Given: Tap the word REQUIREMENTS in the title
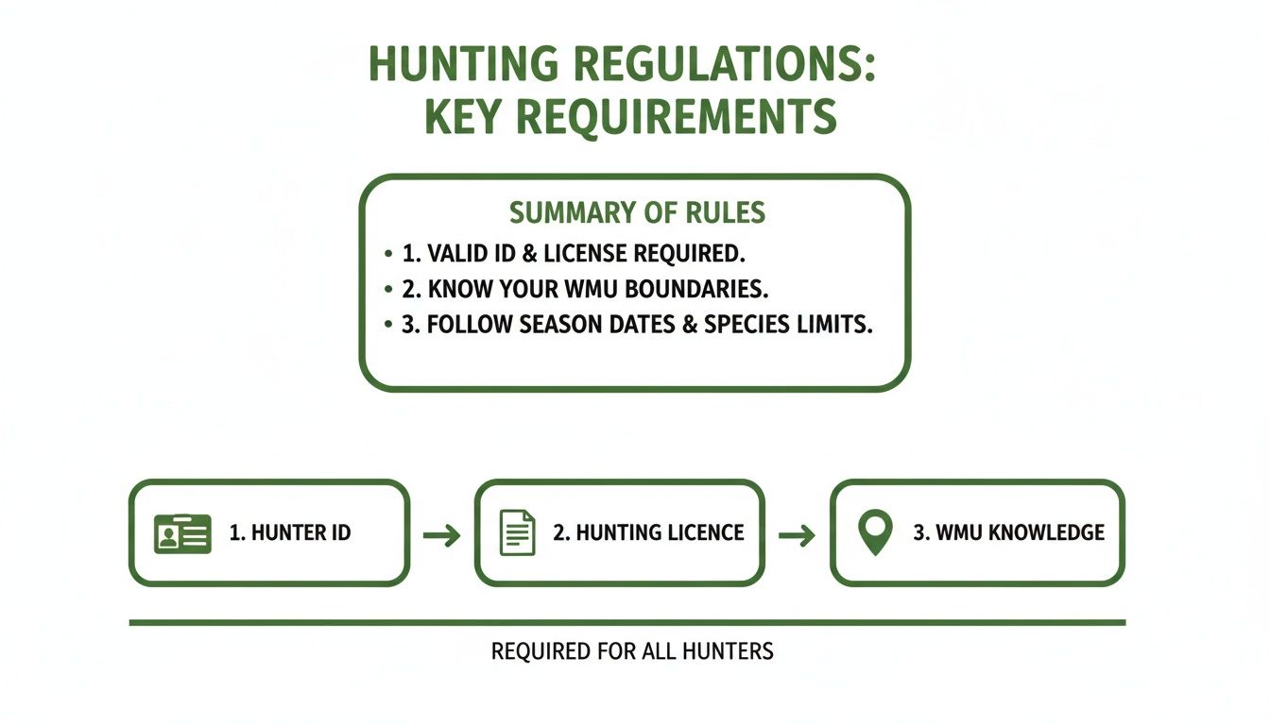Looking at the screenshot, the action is tap(677, 117).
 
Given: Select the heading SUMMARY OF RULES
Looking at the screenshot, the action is tap(637, 212).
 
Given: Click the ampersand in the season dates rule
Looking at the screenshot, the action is tap(690, 325).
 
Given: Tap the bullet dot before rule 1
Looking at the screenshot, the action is tap(388, 253).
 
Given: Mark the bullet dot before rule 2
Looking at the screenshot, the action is tap(388, 289).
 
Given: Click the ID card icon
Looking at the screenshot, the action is tap(182, 533).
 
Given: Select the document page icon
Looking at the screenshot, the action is tap(517, 532).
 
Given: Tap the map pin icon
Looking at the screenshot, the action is tap(875, 532).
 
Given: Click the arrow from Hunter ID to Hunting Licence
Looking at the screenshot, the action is tap(442, 534).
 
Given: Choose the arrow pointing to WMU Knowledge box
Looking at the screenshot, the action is tap(798, 534).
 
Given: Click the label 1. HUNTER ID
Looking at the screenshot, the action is tap(290, 533).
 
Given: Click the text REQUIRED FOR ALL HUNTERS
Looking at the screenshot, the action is tap(632, 651).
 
